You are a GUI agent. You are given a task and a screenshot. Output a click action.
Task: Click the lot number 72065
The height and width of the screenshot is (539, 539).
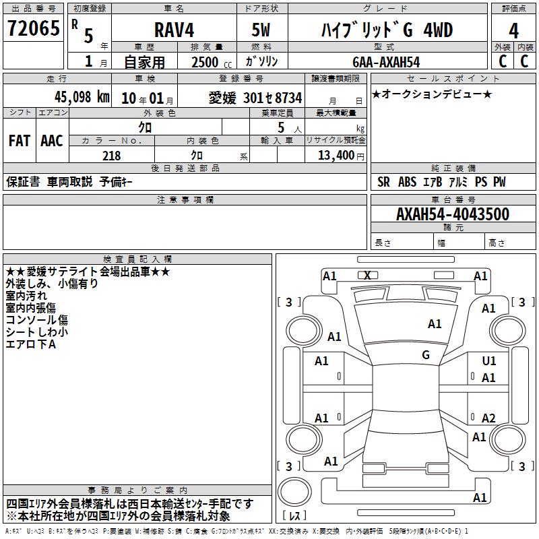coord(33,28)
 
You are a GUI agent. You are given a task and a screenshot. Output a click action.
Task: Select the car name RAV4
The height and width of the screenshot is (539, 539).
coord(174,30)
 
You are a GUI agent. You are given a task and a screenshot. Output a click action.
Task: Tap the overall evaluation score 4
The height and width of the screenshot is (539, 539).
coord(513,31)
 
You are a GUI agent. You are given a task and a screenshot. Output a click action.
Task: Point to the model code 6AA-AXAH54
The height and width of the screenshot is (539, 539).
coord(386,62)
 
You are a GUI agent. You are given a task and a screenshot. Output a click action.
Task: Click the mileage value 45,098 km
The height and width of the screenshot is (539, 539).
coord(82,97)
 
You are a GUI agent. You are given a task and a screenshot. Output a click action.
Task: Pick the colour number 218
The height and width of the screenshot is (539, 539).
coord(111,156)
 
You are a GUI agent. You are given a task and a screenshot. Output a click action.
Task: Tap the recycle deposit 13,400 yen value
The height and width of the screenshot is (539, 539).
coord(341,156)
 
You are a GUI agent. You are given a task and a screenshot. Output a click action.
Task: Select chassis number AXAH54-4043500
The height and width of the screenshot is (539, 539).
coord(453,214)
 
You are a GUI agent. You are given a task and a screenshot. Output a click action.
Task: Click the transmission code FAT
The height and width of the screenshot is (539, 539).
coord(20,141)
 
